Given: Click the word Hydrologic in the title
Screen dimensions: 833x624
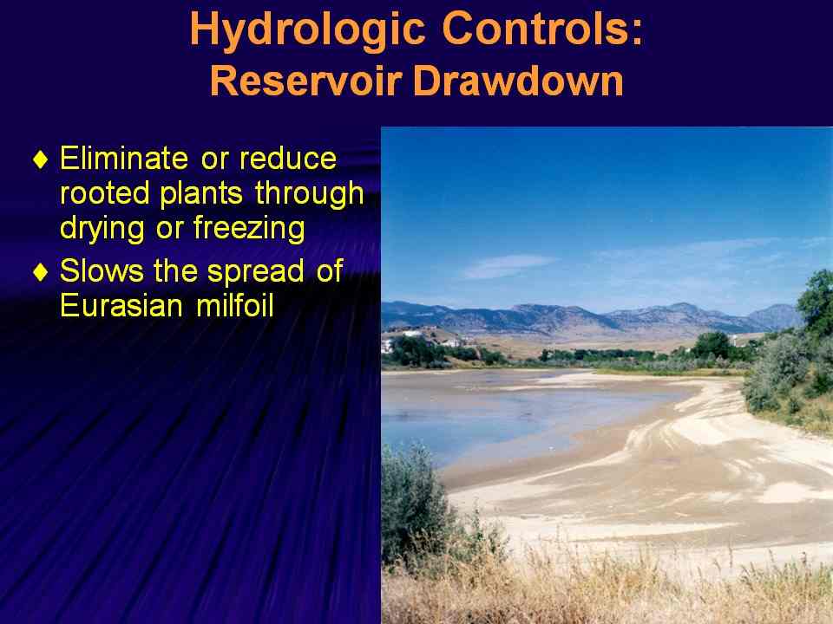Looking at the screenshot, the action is pos(307,30).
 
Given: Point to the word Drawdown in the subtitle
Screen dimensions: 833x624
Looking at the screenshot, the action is pos(518,81).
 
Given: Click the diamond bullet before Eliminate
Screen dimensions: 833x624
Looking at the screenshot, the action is pos(41,159).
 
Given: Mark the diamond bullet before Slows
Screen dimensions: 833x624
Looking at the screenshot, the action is pos(41,272).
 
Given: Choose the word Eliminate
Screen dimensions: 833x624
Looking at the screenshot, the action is pos(124,158).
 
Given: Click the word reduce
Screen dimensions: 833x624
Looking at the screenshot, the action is pos(287,158).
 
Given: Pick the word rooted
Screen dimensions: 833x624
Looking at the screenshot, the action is pos(105,193).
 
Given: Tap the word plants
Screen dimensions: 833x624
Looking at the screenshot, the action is pos(201,194).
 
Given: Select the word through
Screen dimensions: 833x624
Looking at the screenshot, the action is pos(310,194).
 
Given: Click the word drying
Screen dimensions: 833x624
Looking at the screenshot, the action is pos(102,229).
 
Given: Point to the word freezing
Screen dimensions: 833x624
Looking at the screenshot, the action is pos(249,229).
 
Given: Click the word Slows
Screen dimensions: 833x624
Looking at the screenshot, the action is pos(102,270).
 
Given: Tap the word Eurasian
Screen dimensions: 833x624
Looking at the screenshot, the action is pos(121,306).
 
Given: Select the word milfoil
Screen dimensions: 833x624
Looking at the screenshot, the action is pos(235,306).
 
